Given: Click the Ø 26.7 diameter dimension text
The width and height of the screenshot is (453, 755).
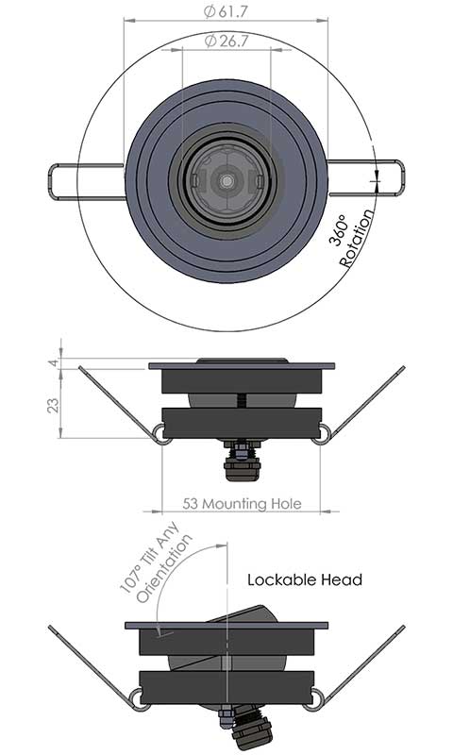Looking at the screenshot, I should [226, 42].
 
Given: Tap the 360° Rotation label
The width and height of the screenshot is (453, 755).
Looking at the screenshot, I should [351, 236].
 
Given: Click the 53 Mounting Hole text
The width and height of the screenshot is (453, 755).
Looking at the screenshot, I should [242, 504].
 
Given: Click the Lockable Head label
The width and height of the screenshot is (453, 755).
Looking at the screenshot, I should [305, 579].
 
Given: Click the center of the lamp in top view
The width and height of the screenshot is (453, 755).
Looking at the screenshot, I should [226, 178].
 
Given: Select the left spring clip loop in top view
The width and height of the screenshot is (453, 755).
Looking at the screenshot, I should [85, 180].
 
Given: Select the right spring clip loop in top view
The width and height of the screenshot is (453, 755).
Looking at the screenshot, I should [368, 180].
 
